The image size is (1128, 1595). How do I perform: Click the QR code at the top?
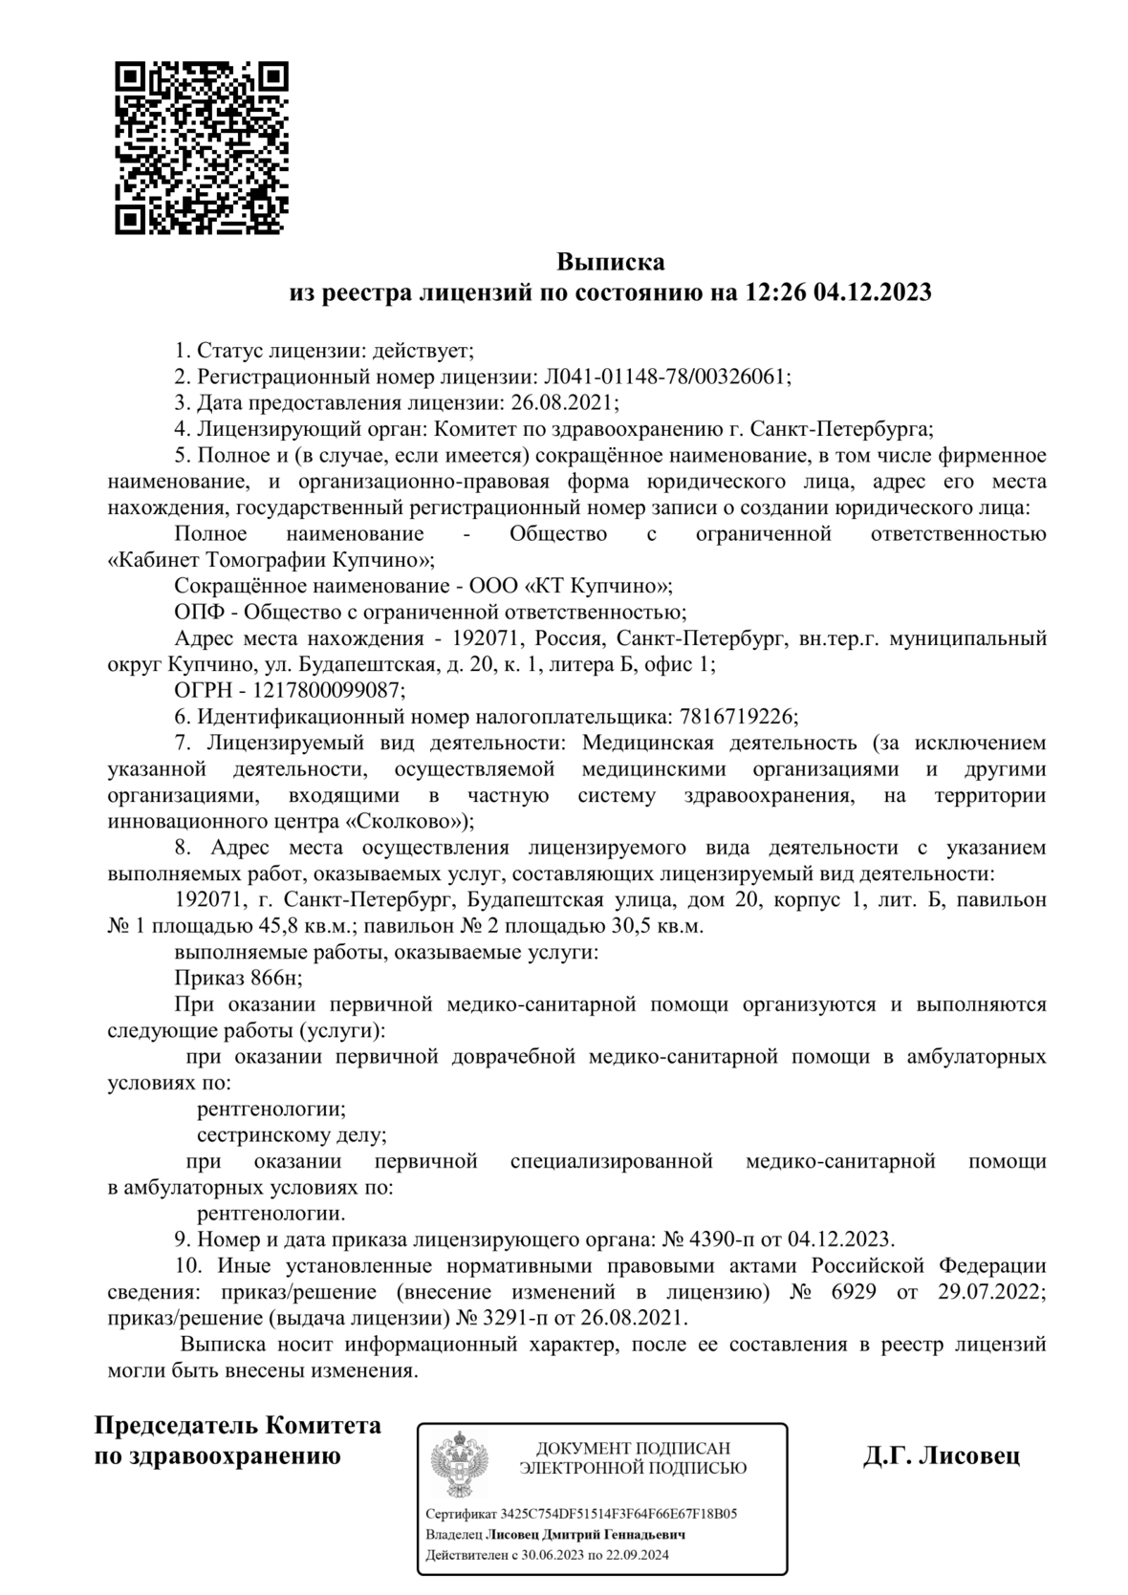click(201, 148)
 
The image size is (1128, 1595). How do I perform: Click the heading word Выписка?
click(610, 261)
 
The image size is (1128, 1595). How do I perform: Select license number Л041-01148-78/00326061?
click(666, 377)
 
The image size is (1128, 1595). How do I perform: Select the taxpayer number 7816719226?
click(735, 716)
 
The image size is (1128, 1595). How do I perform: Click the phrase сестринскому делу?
click(292, 1135)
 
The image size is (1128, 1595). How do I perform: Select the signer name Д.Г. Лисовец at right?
click(941, 1455)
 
